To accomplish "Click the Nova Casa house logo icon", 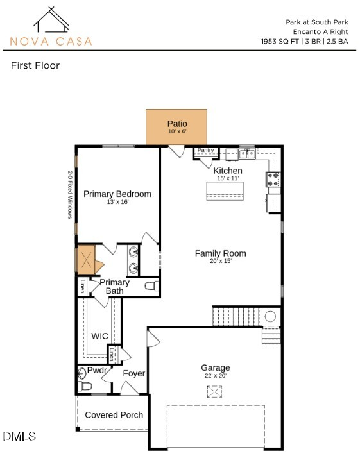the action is click(51, 20).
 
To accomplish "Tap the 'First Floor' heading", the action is click(35, 65).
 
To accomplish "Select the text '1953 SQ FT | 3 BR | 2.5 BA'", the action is click(304, 41).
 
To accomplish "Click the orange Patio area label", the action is click(177, 124).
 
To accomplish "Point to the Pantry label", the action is click(205, 150).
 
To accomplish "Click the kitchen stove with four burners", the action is click(273, 179).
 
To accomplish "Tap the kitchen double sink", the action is click(247, 153).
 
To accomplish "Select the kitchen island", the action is click(225, 191).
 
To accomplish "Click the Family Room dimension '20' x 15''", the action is click(221, 261).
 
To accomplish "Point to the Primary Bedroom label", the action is click(117, 194).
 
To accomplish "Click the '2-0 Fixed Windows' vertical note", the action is click(70, 194).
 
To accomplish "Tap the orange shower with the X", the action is click(86, 260).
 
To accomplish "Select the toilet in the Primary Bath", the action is click(152, 286).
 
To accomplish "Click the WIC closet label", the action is click(99, 336).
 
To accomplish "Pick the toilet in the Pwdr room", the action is click(85, 386).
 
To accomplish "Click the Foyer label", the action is click(134, 373).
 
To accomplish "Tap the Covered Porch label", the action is click(114, 415).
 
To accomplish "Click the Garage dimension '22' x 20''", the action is click(216, 376).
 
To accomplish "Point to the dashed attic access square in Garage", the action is click(214, 391).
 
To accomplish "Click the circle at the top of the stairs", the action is click(270, 316).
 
